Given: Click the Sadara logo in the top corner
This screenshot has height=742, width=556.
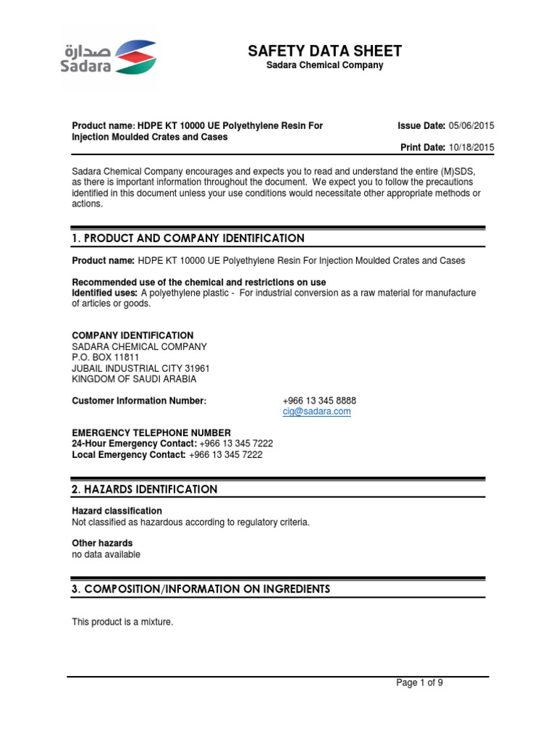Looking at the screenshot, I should pyautogui.click(x=109, y=57).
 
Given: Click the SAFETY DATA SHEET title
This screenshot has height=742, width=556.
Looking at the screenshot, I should pyautogui.click(x=324, y=51).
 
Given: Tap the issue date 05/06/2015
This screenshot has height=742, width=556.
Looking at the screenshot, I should pyautogui.click(x=471, y=126).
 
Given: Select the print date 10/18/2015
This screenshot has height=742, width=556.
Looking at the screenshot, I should pyautogui.click(x=471, y=147).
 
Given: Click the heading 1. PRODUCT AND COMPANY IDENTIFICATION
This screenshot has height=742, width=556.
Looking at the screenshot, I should pyautogui.click(x=188, y=238).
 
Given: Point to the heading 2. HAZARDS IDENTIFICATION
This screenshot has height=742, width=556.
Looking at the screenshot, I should pyautogui.click(x=145, y=489).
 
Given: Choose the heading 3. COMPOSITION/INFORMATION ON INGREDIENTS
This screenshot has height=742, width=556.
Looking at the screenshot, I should pyautogui.click(x=201, y=589).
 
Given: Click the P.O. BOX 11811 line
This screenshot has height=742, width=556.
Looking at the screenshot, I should pyautogui.click(x=106, y=357).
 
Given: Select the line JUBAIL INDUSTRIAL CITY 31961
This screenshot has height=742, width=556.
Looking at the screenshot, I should pyautogui.click(x=141, y=368).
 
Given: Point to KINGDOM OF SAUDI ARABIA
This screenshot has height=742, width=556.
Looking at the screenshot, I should pyautogui.click(x=134, y=379).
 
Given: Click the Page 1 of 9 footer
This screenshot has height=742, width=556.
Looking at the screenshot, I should pyautogui.click(x=419, y=683).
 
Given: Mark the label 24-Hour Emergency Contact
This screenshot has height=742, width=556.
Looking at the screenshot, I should pyautogui.click(x=134, y=443).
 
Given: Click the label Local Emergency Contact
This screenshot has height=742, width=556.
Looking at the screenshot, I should pyautogui.click(x=129, y=455).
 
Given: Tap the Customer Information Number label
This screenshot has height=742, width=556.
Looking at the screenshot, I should pyautogui.click(x=139, y=401).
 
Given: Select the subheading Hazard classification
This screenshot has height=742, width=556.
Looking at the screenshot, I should pyautogui.click(x=117, y=511).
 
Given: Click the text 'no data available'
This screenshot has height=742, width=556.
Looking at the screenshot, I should pyautogui.click(x=106, y=554).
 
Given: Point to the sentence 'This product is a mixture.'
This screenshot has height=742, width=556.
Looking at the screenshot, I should pyautogui.click(x=122, y=622).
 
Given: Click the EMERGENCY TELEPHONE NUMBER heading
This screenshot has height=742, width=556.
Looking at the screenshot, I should pyautogui.click(x=151, y=433).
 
